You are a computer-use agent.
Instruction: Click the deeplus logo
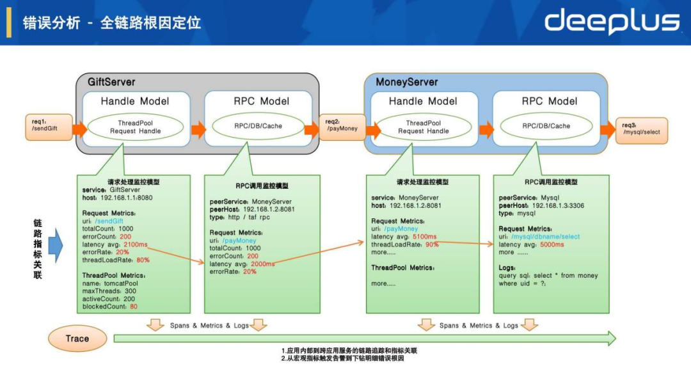[612, 22]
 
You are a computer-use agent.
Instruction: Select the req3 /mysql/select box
[641, 130]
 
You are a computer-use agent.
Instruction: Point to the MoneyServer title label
[407, 82]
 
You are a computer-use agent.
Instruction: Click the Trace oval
[77, 338]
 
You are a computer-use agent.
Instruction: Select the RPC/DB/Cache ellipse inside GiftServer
[257, 126]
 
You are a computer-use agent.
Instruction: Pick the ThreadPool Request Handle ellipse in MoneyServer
[424, 127]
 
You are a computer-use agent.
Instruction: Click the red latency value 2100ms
[135, 244]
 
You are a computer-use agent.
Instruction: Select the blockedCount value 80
[133, 306]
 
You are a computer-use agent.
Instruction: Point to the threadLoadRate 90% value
[432, 244]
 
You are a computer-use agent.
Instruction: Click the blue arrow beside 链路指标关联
[56, 246]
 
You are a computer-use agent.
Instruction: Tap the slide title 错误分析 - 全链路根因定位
[112, 22]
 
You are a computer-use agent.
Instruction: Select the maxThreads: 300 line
[110, 291]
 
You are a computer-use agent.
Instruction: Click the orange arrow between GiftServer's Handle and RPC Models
[198, 130]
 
